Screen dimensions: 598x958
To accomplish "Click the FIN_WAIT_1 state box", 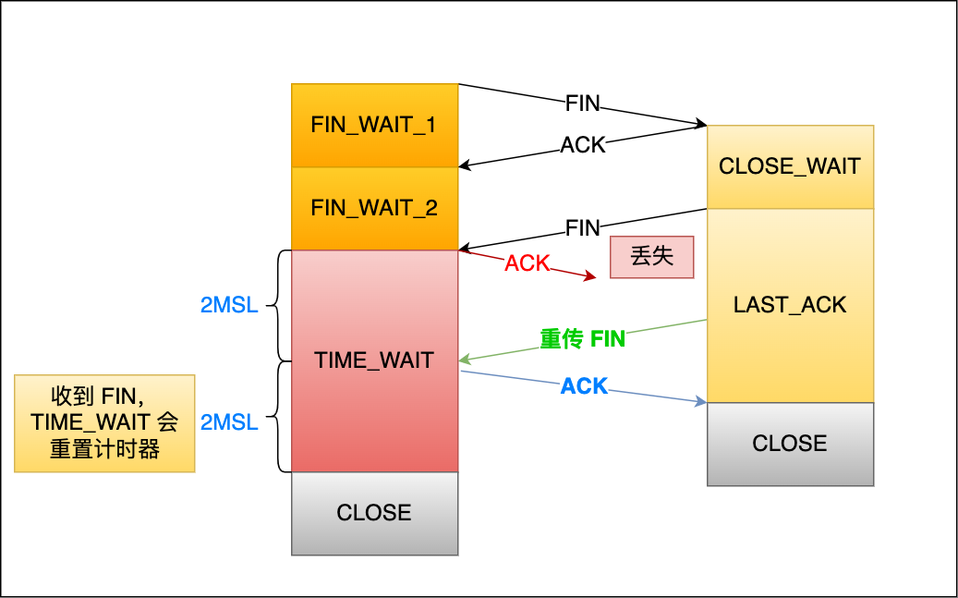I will click(374, 126).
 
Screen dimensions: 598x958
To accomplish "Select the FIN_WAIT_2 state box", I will click(374, 209).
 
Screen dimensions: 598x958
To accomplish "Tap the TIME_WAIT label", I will click(374, 360).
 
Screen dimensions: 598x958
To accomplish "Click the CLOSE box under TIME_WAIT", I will click(374, 513).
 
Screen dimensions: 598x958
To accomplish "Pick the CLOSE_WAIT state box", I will click(790, 166).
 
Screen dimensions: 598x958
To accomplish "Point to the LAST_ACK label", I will click(790, 305).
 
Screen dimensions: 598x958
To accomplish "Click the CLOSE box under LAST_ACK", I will click(790, 444).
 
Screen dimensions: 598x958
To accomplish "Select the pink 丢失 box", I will click(651, 257).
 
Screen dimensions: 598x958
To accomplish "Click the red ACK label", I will click(528, 263).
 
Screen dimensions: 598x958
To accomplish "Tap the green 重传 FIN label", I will click(583, 339).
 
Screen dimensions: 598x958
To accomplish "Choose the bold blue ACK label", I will click(585, 386).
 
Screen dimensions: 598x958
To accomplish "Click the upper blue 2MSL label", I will click(229, 305).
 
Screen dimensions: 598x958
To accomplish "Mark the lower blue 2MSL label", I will click(229, 422).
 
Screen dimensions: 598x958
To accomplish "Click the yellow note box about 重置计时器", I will click(104, 423).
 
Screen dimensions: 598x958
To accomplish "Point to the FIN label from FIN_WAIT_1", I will click(583, 104).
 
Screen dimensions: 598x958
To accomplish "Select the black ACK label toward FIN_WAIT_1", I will click(583, 145).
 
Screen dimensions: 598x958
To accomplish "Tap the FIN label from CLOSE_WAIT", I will click(583, 227).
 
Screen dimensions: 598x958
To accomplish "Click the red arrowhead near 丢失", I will click(591, 275).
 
